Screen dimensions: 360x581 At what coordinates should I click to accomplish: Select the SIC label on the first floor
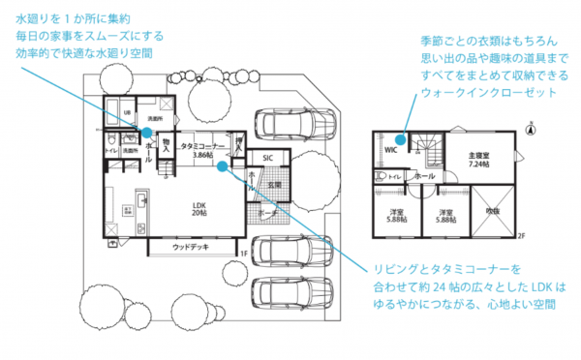click(x=267, y=159)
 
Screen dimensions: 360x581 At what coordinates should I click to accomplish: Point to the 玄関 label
click(x=274, y=184)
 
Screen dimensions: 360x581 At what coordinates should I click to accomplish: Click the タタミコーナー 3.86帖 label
click(x=202, y=150)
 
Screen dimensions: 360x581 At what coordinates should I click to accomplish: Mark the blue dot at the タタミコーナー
click(x=223, y=165)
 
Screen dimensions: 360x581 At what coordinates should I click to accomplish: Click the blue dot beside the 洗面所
click(x=145, y=134)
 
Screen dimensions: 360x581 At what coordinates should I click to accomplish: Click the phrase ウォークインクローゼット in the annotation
click(x=489, y=92)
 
